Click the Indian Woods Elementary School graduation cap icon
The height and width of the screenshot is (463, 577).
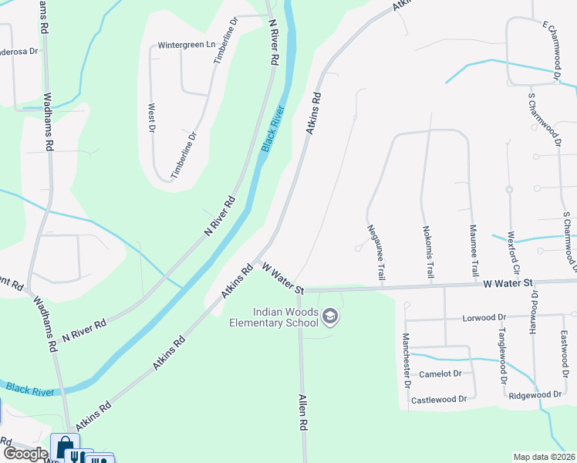coord(329,315)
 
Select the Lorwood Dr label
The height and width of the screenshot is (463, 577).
coord(484,317)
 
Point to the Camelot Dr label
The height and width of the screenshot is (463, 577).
coord(440,373)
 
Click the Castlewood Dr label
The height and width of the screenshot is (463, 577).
coord(439,399)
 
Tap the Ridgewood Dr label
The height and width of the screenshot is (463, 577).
coord(535,394)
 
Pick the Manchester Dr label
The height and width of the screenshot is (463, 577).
coord(406,361)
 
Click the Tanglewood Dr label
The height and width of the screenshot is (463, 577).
coord(501,353)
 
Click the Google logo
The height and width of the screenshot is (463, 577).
coord(25,453)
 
